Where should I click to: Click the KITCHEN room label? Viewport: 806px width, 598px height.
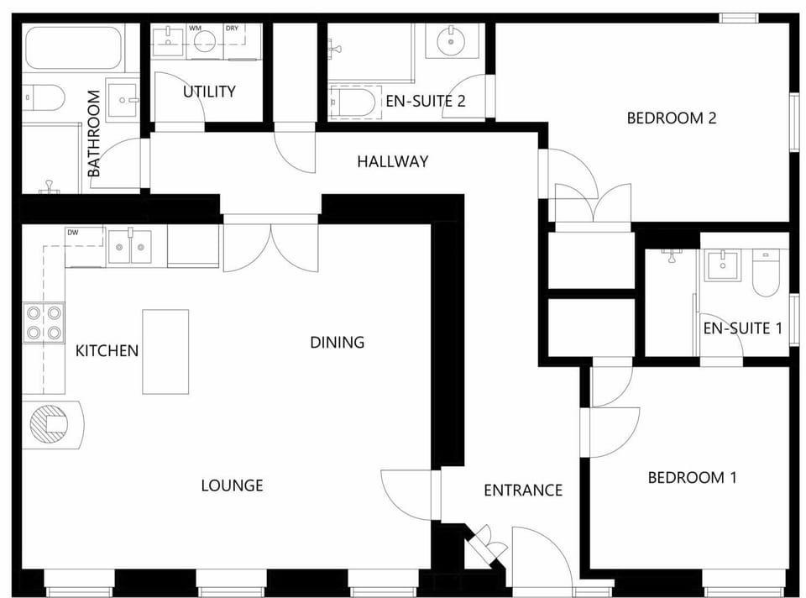coord(107,350)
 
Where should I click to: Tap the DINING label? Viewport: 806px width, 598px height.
coord(338,342)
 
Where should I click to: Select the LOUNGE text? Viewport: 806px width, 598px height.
coord(233,485)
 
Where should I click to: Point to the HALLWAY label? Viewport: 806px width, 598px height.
coord(392,161)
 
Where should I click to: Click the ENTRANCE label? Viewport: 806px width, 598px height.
coord(523,490)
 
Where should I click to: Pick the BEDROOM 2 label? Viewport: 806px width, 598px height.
coord(671,118)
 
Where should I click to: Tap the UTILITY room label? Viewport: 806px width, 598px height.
coord(209,92)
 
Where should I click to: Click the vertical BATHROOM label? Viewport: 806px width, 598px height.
coord(94,134)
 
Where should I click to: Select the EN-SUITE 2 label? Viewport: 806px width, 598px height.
coord(426,102)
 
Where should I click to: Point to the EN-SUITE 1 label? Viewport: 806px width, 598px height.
coord(742,328)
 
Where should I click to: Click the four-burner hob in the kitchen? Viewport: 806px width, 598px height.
coord(44,323)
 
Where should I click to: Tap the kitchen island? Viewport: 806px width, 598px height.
coord(165,351)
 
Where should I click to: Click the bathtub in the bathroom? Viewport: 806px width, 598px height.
coord(74,48)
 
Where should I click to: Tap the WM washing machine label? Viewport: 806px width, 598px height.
coord(195,29)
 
